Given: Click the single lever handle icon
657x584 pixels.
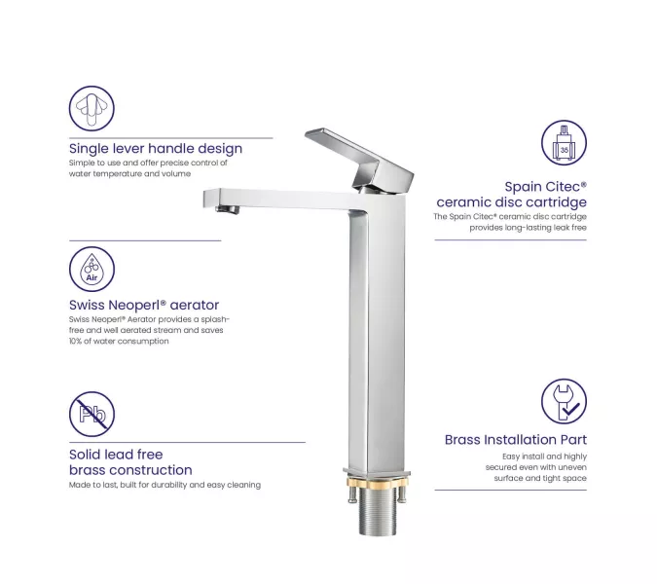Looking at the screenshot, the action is coord(91,108).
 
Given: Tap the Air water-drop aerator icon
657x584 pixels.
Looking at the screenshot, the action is coord(91,269).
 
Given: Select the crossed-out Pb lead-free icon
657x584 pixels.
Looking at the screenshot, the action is coord(91,414).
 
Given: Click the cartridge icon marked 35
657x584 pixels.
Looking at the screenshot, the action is coord(564,143).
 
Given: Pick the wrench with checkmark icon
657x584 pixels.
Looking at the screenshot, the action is coord(564,401).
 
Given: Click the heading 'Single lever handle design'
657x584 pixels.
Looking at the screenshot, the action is coord(156,149).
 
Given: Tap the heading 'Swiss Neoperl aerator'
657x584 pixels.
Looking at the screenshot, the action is coord(144,305).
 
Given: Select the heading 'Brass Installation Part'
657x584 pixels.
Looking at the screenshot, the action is coord(516,440).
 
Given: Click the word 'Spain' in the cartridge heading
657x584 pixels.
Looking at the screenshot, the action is coord(521,187).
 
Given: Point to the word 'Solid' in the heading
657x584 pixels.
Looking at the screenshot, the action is coord(85,455).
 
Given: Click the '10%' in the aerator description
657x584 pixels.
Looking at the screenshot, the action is coord(76,341).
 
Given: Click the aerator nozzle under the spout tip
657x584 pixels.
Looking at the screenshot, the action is coord(227,209).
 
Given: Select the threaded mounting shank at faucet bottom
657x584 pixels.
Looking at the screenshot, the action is coord(378,512).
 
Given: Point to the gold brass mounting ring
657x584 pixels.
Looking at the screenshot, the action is coord(377,482).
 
